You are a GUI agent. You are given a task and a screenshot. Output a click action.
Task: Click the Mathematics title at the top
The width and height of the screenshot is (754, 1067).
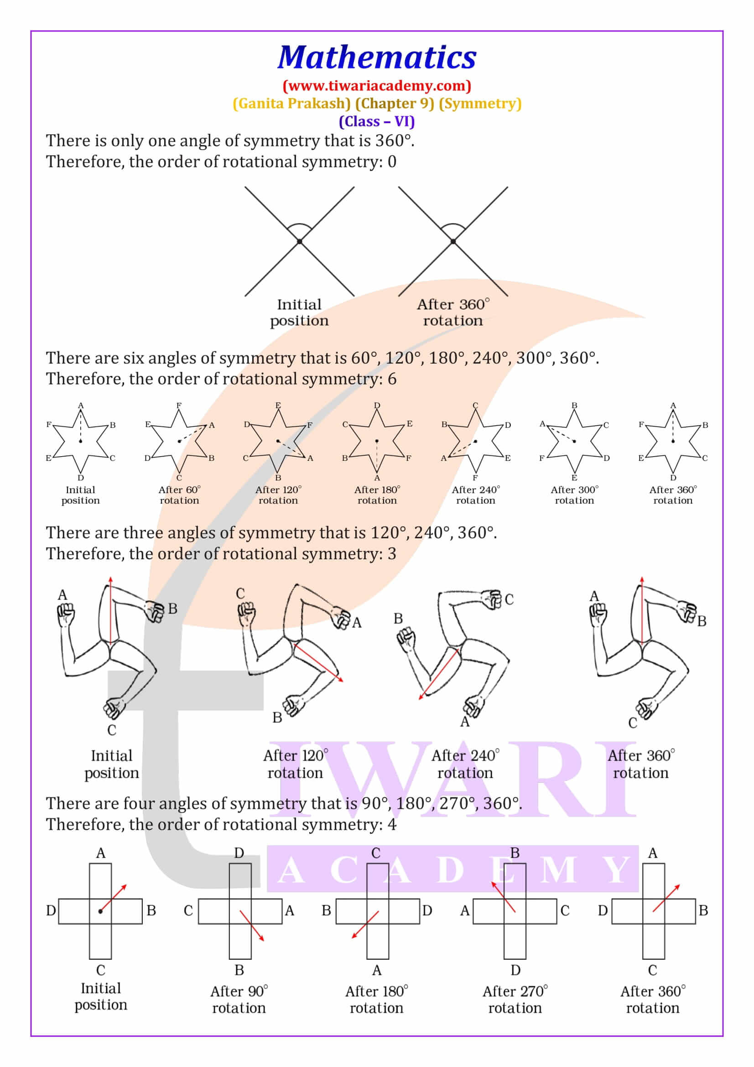pyautogui.click(x=377, y=57)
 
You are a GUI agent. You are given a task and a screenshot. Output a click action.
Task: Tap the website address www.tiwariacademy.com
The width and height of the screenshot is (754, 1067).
pyautogui.click(x=377, y=85)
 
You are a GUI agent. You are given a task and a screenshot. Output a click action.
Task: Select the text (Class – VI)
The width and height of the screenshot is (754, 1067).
pyautogui.click(x=377, y=121)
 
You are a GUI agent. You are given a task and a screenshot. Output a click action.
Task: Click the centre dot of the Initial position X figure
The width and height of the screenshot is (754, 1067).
pyautogui.click(x=300, y=241)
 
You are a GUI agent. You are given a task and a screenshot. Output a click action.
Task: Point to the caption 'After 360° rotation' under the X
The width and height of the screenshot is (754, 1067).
pyautogui.click(x=453, y=312)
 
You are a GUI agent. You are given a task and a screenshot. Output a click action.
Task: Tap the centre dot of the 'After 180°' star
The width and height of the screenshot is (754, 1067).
pyautogui.click(x=377, y=441)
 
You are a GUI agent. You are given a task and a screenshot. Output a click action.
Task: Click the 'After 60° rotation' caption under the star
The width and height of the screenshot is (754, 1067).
pyautogui.click(x=179, y=495)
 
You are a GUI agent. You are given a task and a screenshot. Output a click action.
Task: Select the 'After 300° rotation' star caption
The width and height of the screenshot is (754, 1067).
pyautogui.click(x=574, y=495)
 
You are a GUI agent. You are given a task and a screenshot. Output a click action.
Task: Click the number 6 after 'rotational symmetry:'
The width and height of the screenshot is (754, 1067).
pyautogui.click(x=392, y=379)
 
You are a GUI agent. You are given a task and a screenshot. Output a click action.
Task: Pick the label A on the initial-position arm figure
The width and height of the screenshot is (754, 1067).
pyautogui.click(x=62, y=595)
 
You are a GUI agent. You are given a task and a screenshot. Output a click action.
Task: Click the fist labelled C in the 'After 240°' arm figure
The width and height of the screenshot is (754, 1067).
pyautogui.click(x=492, y=599)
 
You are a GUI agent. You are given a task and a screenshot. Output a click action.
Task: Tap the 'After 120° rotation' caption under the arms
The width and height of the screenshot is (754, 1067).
pyautogui.click(x=295, y=765)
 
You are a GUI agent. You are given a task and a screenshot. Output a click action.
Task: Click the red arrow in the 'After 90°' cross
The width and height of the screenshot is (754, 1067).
pyautogui.click(x=251, y=926)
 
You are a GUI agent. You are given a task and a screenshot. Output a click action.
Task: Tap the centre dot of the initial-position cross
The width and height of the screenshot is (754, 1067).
pyautogui.click(x=100, y=912)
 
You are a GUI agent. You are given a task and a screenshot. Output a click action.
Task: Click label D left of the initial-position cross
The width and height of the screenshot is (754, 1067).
pyautogui.click(x=51, y=911)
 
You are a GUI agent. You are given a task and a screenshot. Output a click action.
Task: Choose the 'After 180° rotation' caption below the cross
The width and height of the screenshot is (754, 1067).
pyautogui.click(x=376, y=999)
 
